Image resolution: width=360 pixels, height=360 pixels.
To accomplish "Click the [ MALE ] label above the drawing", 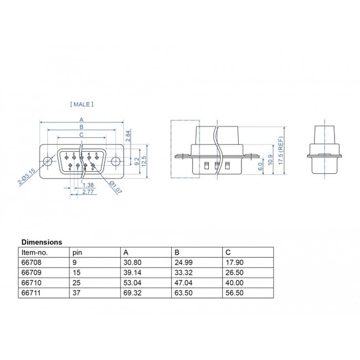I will (x=82, y=104).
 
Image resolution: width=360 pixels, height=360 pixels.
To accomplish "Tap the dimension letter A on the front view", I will (x=81, y=120).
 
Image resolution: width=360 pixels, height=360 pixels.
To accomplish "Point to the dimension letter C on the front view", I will (x=81, y=135).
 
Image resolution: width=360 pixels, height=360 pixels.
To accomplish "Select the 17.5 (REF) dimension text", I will (x=281, y=148).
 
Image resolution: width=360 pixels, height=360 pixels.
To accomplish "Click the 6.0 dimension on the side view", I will (x=260, y=164).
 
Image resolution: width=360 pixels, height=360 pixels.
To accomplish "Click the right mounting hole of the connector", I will (x=115, y=161).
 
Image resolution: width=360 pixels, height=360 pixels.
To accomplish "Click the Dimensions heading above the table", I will (x=42, y=242).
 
